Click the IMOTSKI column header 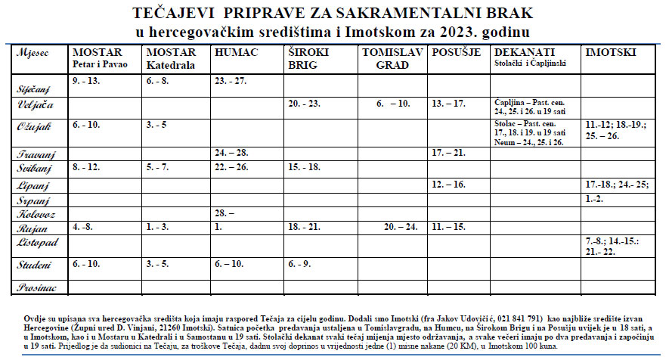pos(611,52)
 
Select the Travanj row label pos(31,154)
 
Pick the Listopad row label pos(33,244)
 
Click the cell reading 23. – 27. pos(231,80)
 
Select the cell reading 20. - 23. pos(303,103)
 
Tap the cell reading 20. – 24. pos(400,226)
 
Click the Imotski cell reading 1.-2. pos(595,197)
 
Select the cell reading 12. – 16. pos(449,184)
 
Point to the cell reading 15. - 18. pos(304,166)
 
